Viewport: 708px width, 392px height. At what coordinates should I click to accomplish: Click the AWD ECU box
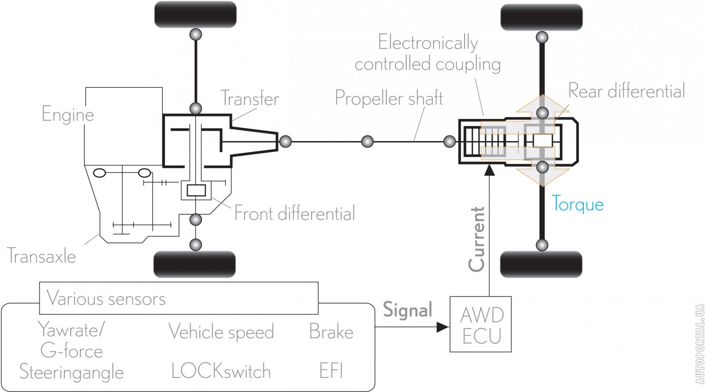(x=481, y=324)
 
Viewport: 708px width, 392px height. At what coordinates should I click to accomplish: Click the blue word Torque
(x=577, y=204)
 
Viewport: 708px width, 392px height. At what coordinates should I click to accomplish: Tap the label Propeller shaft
(x=389, y=98)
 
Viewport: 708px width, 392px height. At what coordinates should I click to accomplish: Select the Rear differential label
(x=626, y=91)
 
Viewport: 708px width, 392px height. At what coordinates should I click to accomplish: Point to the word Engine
(x=68, y=115)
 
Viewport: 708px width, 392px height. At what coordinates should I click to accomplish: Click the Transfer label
(x=250, y=99)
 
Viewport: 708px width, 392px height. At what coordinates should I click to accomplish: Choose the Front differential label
(x=294, y=214)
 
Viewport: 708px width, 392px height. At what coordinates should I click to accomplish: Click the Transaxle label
(x=42, y=256)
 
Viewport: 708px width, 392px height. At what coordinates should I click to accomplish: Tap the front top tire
(x=195, y=14)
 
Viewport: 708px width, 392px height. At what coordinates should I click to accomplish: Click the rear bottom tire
(x=541, y=265)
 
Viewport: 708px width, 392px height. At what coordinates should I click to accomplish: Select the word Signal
(x=407, y=310)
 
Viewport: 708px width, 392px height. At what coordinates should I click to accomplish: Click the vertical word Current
(x=477, y=239)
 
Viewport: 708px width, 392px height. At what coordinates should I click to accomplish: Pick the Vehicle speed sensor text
(x=221, y=332)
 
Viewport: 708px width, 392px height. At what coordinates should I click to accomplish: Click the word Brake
(x=331, y=332)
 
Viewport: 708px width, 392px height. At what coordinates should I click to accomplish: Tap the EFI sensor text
(x=331, y=371)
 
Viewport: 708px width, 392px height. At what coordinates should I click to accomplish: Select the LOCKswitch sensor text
(x=221, y=371)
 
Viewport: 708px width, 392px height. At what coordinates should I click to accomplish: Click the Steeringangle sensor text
(x=72, y=372)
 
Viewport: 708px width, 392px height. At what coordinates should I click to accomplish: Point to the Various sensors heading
(x=106, y=299)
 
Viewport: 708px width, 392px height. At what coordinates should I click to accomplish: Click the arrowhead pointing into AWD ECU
(x=442, y=327)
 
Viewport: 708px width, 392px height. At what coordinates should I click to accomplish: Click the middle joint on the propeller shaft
(x=367, y=142)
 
